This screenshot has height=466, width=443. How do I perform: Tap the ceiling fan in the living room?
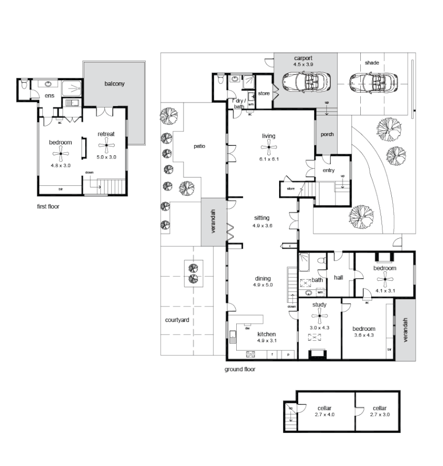(268, 149)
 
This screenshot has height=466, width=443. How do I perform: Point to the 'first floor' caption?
(48, 207)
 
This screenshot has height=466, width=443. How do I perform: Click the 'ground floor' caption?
(240, 370)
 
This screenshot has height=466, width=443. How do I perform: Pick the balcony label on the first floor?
(114, 83)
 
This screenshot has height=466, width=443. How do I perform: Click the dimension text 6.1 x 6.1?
(269, 159)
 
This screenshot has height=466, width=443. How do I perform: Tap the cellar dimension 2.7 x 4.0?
(325, 415)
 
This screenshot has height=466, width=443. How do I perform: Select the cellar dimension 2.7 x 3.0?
(380, 415)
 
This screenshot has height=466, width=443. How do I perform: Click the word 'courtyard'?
(177, 321)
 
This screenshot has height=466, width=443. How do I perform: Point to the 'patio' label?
(200, 146)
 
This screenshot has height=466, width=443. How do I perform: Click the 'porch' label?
(327, 134)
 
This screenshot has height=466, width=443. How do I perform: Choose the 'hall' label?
(339, 278)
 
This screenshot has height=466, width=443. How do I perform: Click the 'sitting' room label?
(262, 218)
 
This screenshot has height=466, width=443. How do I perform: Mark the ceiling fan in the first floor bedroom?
(60, 153)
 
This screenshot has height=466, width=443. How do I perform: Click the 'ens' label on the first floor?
(50, 96)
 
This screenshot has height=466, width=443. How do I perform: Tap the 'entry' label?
(328, 170)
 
